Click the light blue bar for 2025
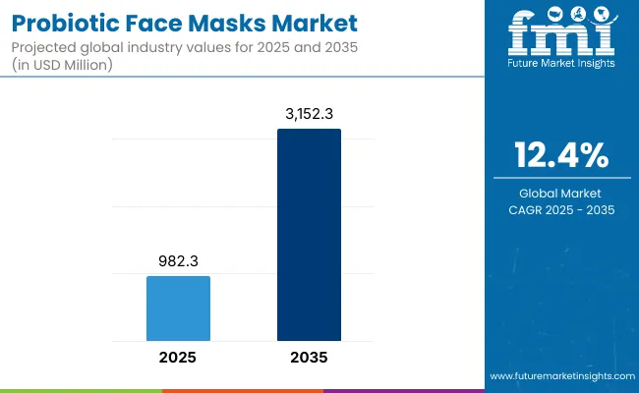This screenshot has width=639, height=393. (x=178, y=309)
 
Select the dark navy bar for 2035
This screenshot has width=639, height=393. (x=309, y=235)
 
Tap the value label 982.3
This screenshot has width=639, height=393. (x=178, y=262)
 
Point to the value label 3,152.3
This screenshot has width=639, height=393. (x=309, y=115)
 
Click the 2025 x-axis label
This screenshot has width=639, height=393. (x=178, y=359)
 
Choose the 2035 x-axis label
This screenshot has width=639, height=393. (x=309, y=359)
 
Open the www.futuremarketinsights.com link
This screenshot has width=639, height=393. (x=559, y=376)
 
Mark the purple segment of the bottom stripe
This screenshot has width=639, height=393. (x=403, y=390)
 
